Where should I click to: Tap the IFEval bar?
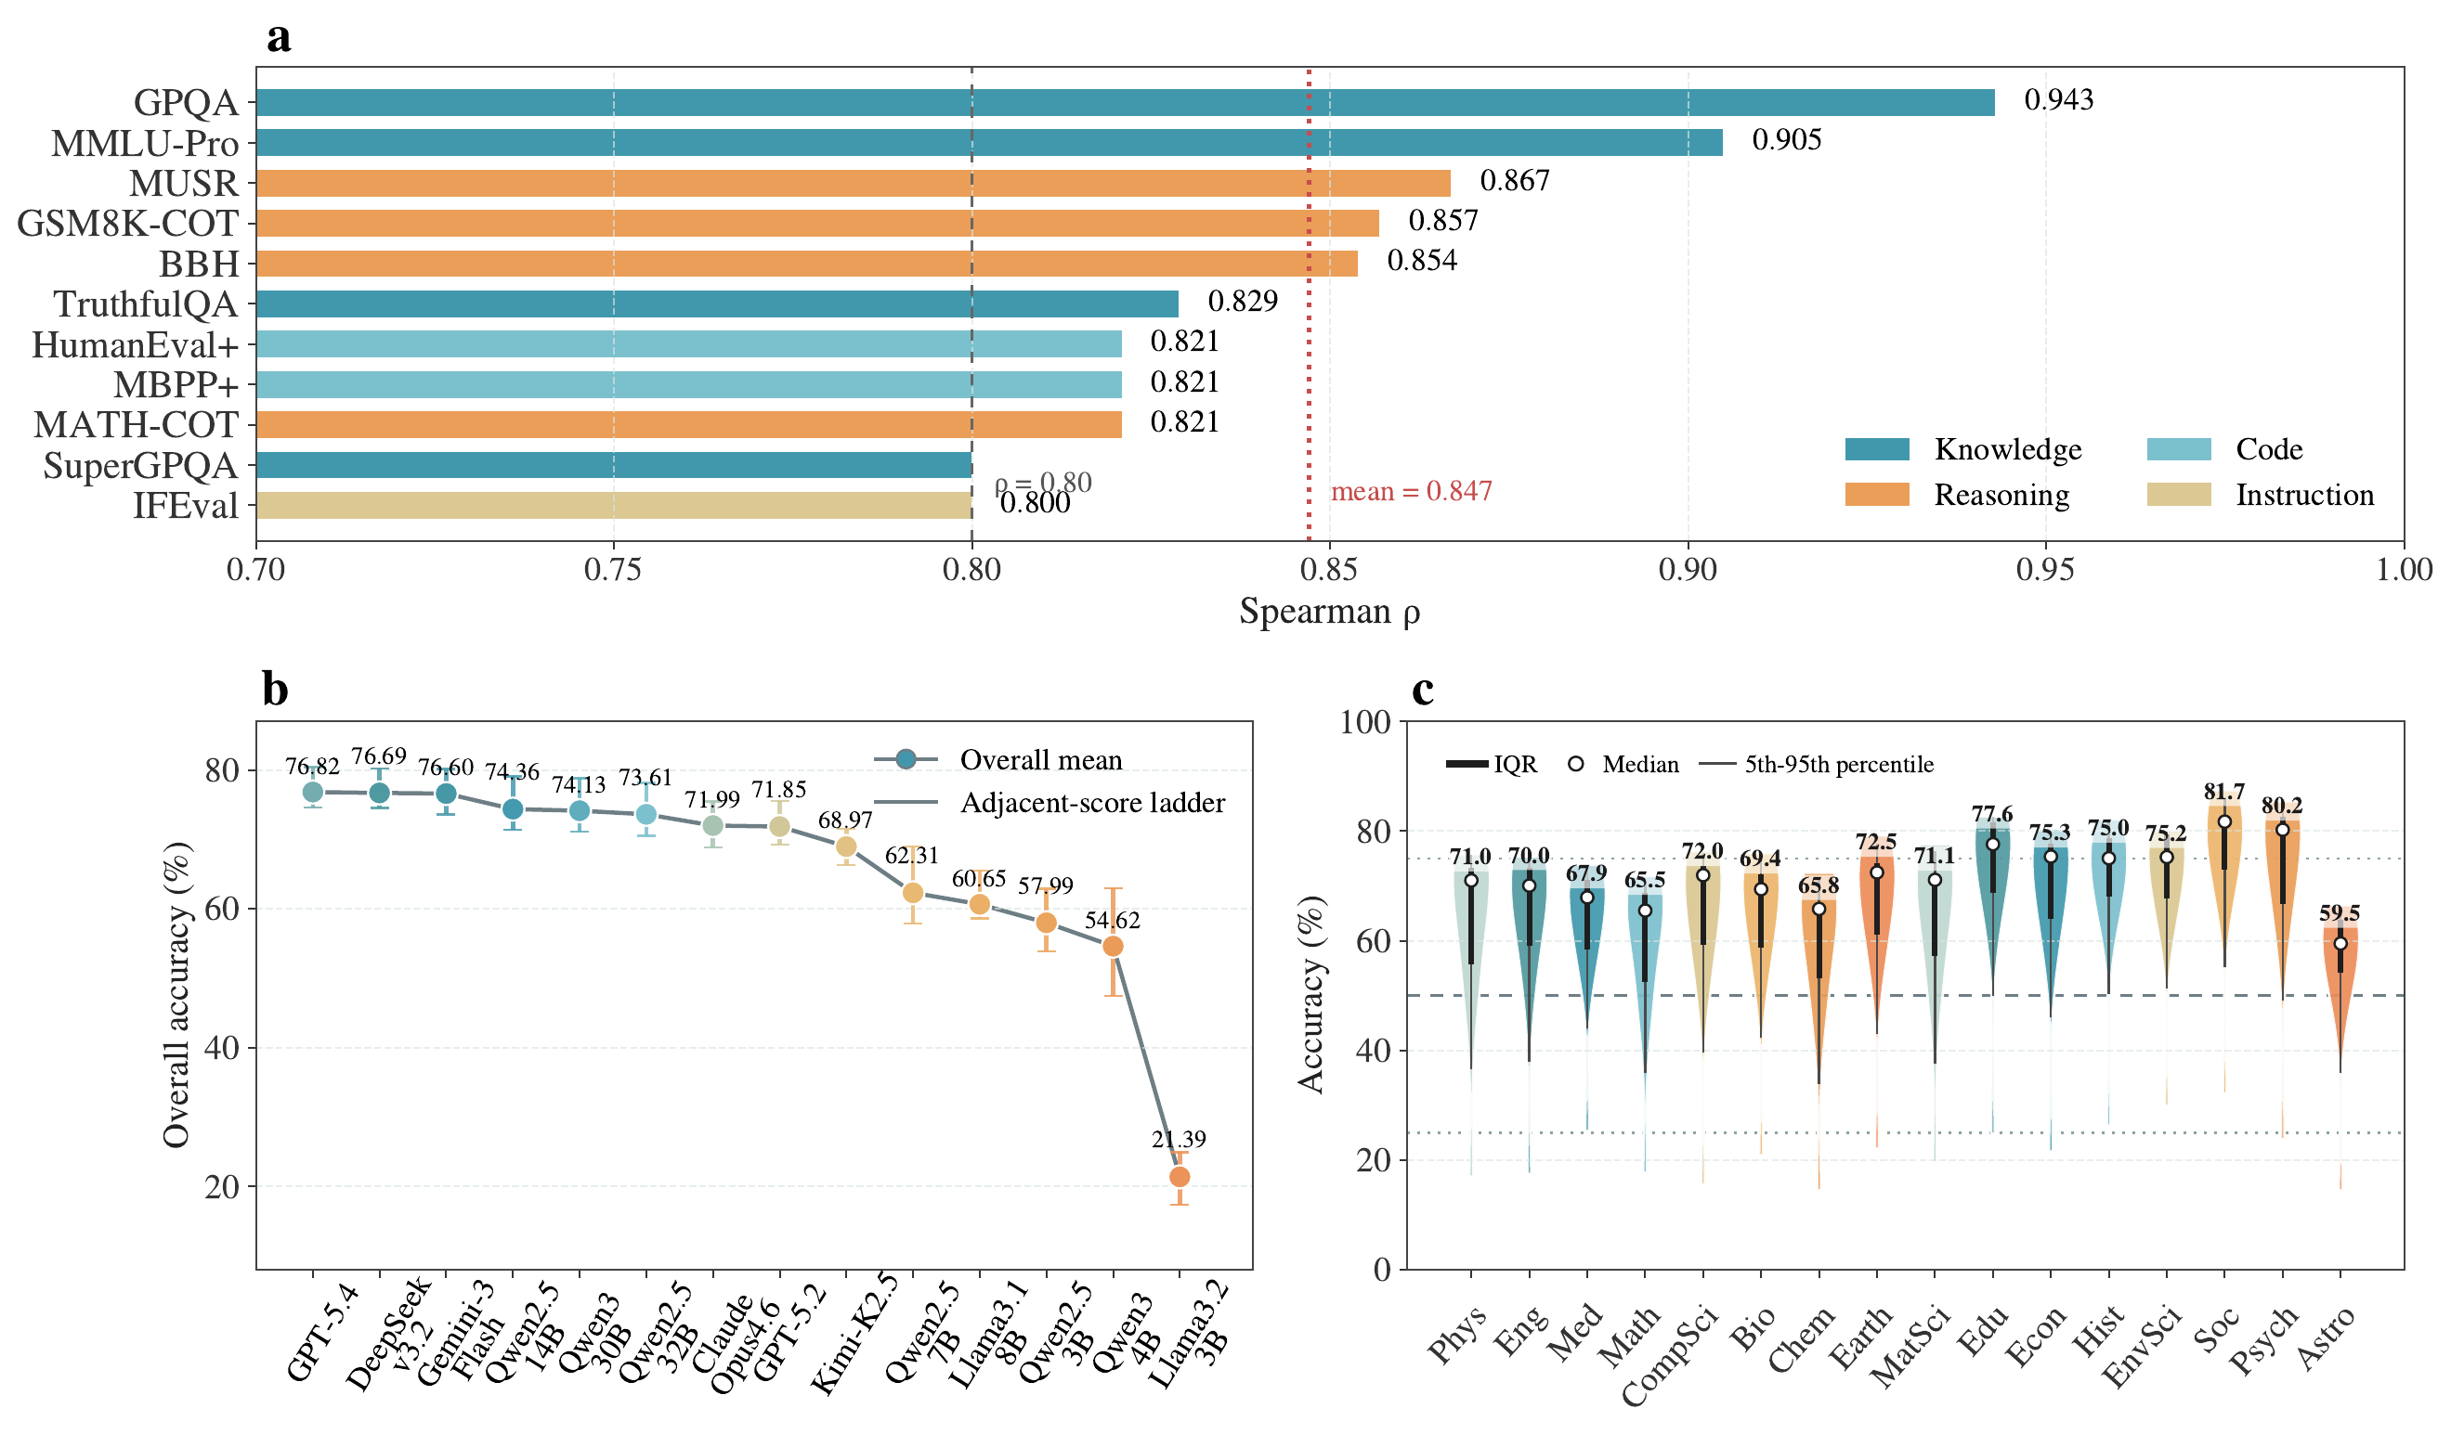point(613,506)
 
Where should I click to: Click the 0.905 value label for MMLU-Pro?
point(1786,141)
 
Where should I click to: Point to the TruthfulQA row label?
point(145,304)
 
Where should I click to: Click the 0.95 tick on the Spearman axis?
point(2045,570)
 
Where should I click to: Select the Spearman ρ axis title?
point(1329,613)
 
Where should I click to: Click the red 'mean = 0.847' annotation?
point(1410,492)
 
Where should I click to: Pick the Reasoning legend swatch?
point(1876,495)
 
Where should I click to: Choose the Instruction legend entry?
point(2303,495)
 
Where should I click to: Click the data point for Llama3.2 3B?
point(1179,1177)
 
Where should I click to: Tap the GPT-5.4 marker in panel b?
point(312,793)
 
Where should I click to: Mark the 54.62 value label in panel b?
point(1112,920)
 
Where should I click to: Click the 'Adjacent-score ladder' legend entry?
point(1091,803)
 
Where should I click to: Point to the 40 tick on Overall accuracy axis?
point(222,1048)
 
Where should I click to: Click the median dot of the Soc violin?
point(2224,822)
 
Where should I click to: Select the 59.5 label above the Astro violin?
point(2340,913)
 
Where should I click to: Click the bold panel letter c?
point(1422,691)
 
